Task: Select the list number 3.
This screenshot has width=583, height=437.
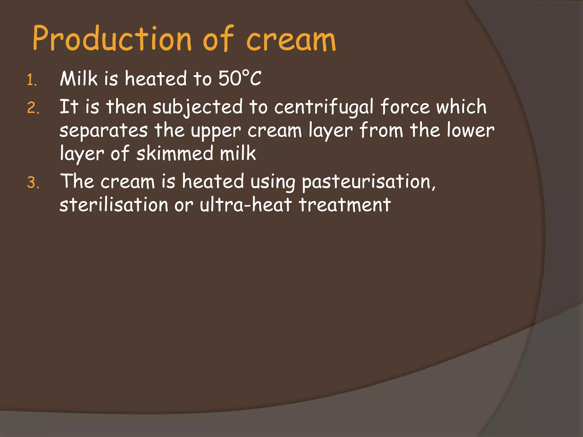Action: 33,183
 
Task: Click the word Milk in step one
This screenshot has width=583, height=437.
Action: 79,78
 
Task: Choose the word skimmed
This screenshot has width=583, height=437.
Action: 175,153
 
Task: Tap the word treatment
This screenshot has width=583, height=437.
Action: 345,205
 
